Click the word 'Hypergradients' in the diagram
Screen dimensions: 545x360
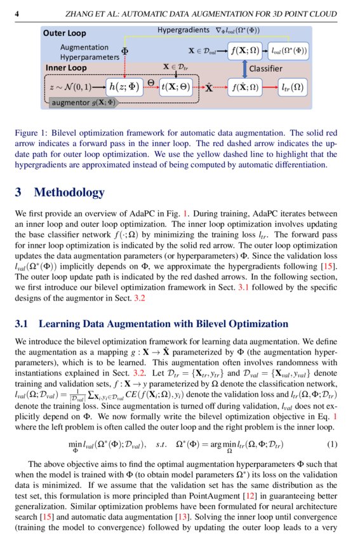184,30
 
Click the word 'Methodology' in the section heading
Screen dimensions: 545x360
69,192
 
